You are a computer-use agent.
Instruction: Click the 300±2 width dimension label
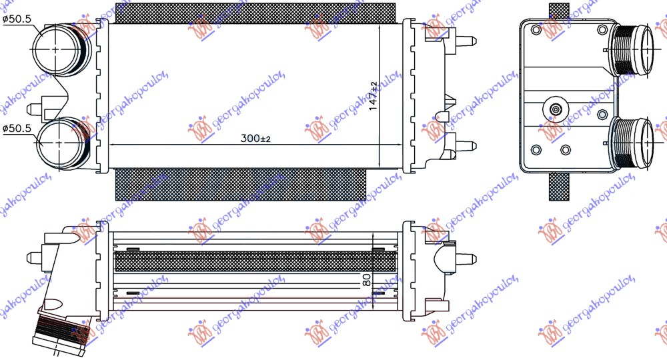click(x=255, y=139)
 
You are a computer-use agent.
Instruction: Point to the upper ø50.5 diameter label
click(x=17, y=19)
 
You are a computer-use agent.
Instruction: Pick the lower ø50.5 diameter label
click(x=17, y=129)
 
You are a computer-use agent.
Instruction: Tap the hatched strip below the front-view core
click(x=240, y=184)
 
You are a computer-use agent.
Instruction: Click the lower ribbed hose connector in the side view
click(x=634, y=141)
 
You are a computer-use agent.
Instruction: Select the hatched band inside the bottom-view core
click(x=253, y=261)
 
